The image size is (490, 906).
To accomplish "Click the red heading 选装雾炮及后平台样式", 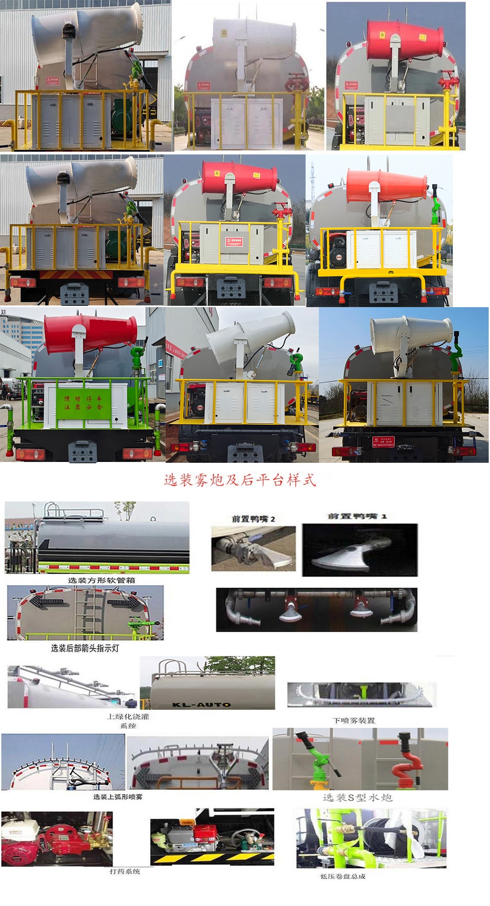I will (240, 480).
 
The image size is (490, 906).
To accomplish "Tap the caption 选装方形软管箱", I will (101, 580).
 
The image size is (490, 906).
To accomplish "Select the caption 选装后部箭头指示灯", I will (85, 648).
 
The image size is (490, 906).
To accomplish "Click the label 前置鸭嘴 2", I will (253, 519).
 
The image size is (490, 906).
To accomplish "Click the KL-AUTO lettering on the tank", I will (201, 704).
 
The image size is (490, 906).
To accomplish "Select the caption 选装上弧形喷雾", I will (118, 796).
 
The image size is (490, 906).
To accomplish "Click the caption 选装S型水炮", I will (357, 797).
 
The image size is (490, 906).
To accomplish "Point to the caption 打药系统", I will (125, 871).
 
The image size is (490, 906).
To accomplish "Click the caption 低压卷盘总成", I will (343, 876).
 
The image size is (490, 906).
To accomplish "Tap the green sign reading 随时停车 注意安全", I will (83, 403).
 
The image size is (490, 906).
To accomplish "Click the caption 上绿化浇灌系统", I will (128, 721).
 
